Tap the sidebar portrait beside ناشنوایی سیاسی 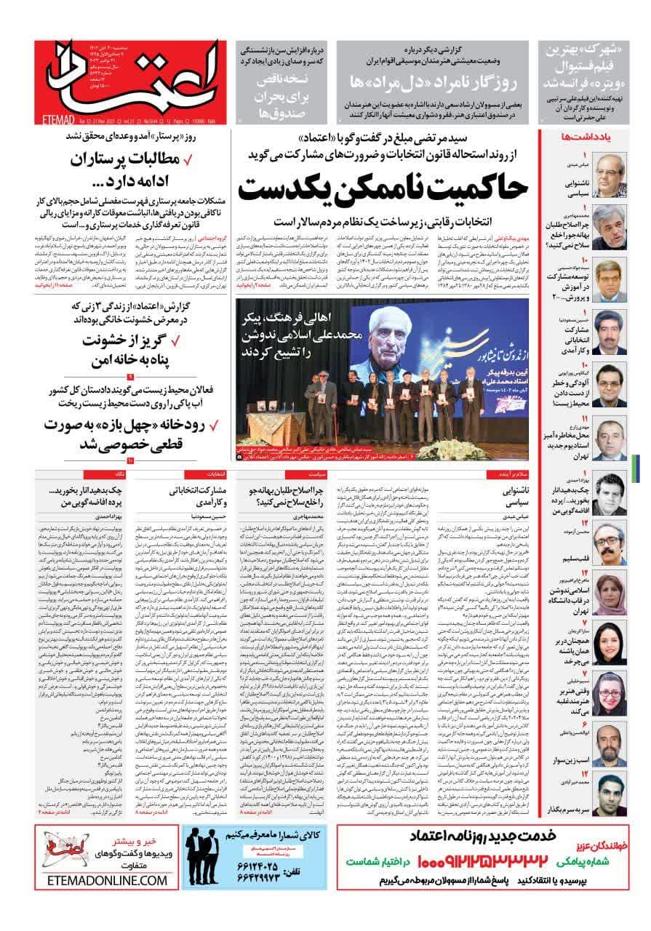tap(610, 175)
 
